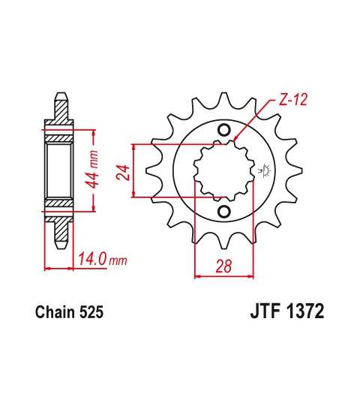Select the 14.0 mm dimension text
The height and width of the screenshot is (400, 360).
coord(103,259)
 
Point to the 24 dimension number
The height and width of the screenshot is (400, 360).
coord(124,173)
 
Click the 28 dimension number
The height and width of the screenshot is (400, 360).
coord(224,266)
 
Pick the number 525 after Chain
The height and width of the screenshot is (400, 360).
coord(91,312)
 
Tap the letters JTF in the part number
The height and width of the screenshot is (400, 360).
coord(265,311)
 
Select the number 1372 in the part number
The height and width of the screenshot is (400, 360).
coord(304,311)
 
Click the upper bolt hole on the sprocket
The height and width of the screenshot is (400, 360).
coord(223,130)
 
